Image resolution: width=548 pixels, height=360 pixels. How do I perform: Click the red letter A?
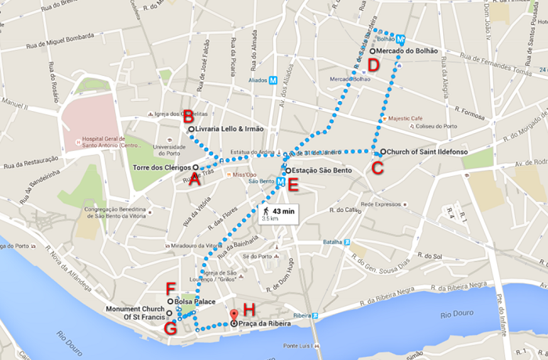[x=195, y=178]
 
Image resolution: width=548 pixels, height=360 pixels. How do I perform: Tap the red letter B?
[x=187, y=114]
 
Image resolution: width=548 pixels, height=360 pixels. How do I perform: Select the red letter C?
[x=378, y=166]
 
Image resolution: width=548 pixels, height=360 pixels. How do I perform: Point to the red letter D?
[x=373, y=65]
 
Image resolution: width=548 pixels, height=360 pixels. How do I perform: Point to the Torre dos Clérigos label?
[x=163, y=167]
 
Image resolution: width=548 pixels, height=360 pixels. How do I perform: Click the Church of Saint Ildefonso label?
[x=427, y=151]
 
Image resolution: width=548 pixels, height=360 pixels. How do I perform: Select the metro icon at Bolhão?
[x=400, y=38]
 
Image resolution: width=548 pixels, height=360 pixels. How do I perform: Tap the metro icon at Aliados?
[x=273, y=80]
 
